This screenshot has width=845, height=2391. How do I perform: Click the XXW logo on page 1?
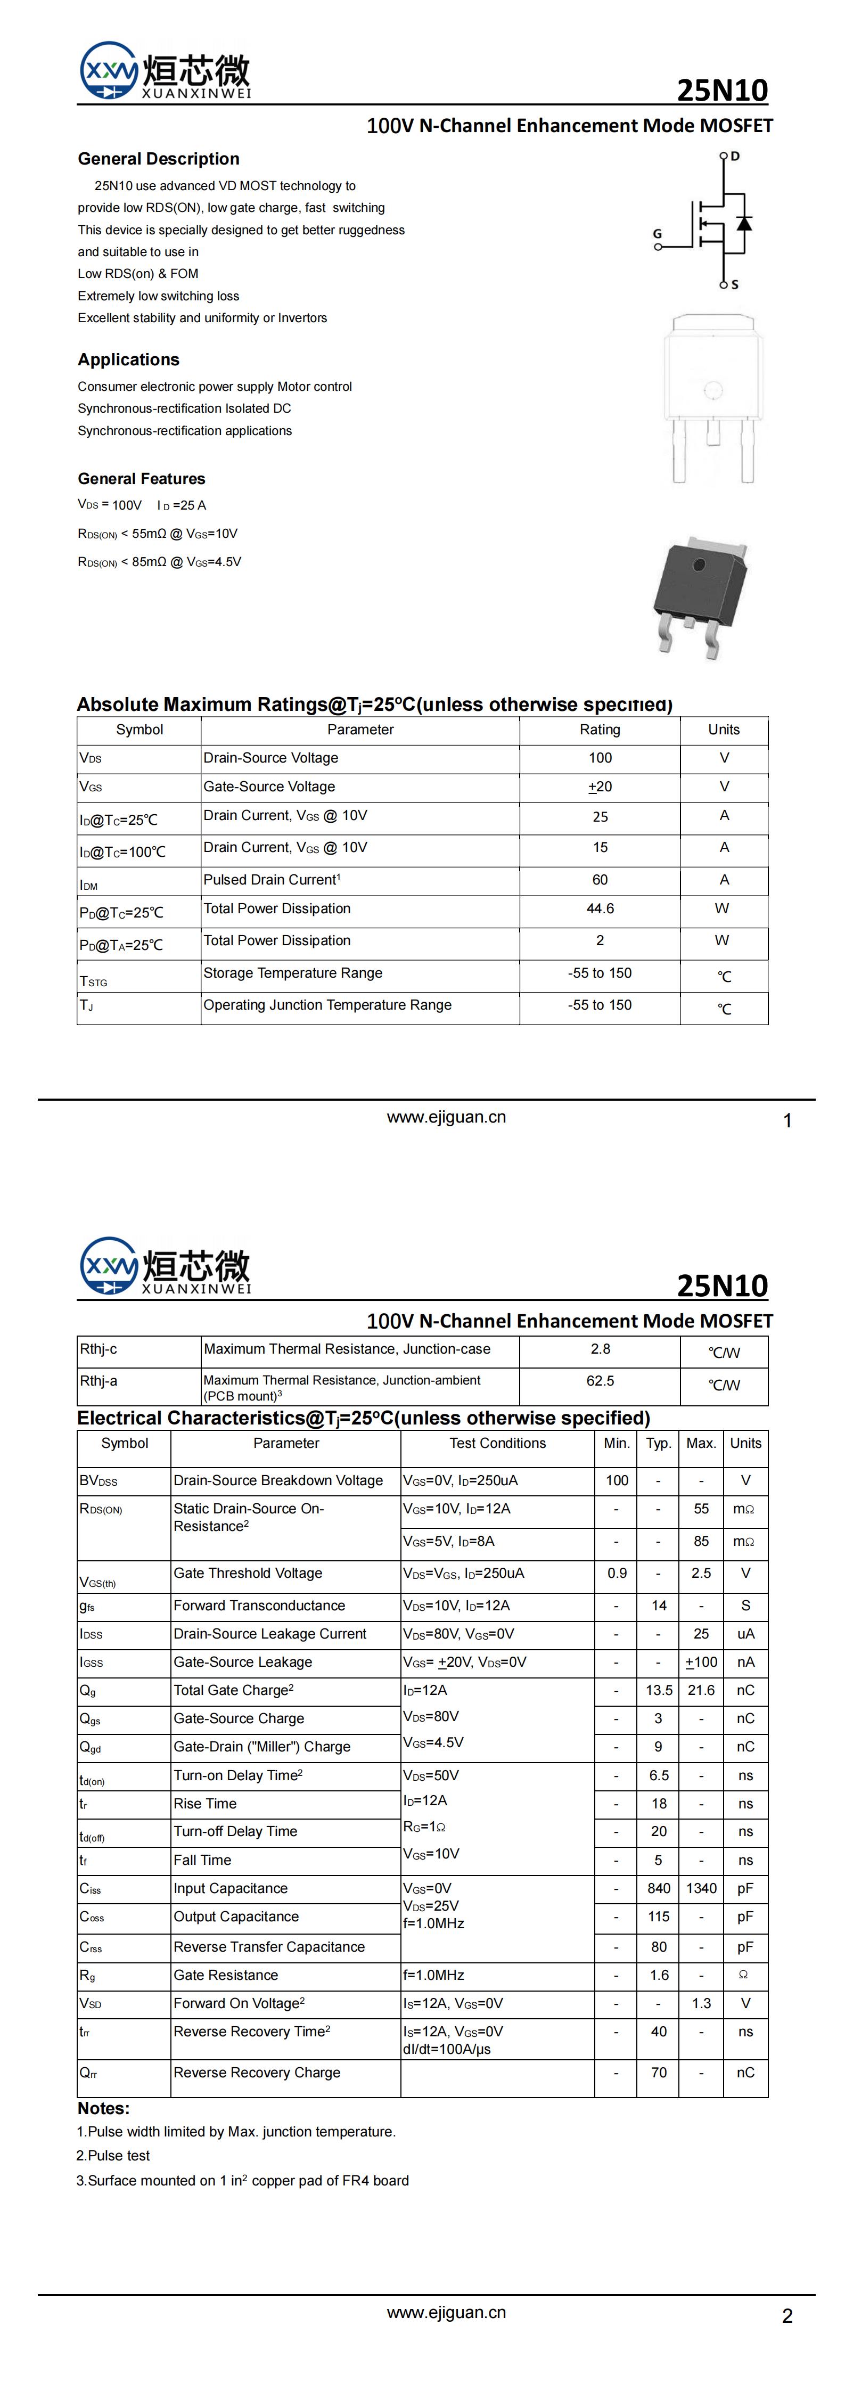point(109,70)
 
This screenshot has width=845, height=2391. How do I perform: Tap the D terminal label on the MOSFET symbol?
point(735,156)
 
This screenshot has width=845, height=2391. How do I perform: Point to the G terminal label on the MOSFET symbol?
point(658,234)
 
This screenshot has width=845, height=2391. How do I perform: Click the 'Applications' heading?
point(129,359)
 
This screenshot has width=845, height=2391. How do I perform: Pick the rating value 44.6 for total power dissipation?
point(600,908)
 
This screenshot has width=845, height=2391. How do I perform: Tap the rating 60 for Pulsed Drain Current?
point(600,879)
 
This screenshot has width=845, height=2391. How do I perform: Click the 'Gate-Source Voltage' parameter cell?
point(269,786)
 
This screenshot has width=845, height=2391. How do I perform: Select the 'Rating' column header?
point(600,730)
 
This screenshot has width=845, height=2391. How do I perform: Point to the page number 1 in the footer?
point(787,1120)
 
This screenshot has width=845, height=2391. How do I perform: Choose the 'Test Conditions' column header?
point(498,1443)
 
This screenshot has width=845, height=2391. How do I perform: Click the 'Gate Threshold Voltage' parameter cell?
point(248,1573)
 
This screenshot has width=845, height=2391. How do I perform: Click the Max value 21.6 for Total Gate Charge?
point(701,1690)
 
